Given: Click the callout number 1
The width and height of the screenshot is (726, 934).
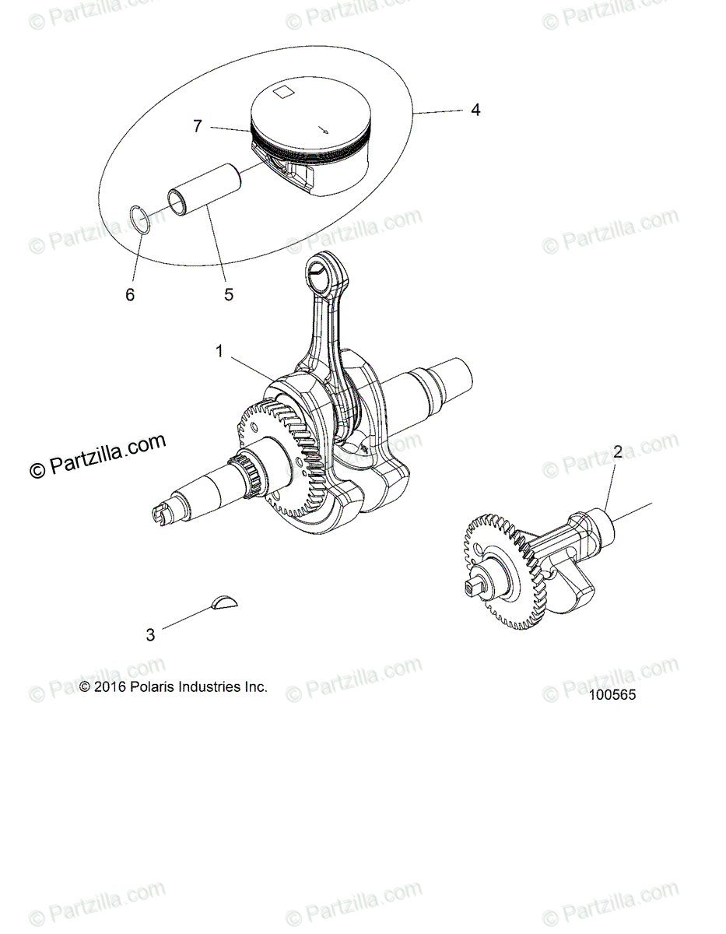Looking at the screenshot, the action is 220,352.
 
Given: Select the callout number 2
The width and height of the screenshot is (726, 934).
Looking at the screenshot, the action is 618,451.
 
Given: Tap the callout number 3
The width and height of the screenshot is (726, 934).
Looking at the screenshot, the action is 150,635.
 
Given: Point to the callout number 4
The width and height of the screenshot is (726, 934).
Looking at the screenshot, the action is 475,110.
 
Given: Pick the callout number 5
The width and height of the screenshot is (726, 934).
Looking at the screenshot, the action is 229,295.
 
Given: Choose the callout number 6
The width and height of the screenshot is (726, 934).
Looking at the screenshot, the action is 130,295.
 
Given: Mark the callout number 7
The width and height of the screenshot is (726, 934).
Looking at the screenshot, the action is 198,125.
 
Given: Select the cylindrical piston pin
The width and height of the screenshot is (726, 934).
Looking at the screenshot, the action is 204,203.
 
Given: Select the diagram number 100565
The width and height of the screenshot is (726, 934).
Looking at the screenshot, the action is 612,696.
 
